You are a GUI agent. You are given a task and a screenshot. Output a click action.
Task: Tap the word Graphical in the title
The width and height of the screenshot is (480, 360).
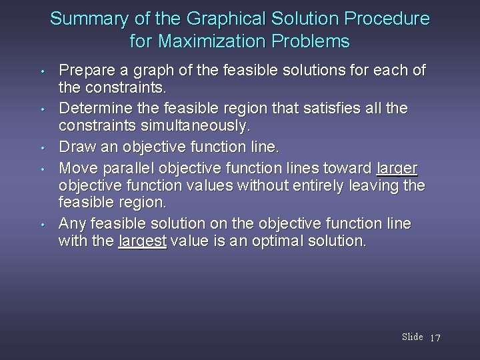point(197,19)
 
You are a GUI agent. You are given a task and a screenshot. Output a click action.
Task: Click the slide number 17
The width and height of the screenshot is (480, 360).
point(435,338)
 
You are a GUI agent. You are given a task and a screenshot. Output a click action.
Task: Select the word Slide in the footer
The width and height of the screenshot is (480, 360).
point(412,337)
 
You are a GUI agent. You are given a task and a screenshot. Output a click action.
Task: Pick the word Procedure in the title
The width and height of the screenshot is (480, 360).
point(387,19)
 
